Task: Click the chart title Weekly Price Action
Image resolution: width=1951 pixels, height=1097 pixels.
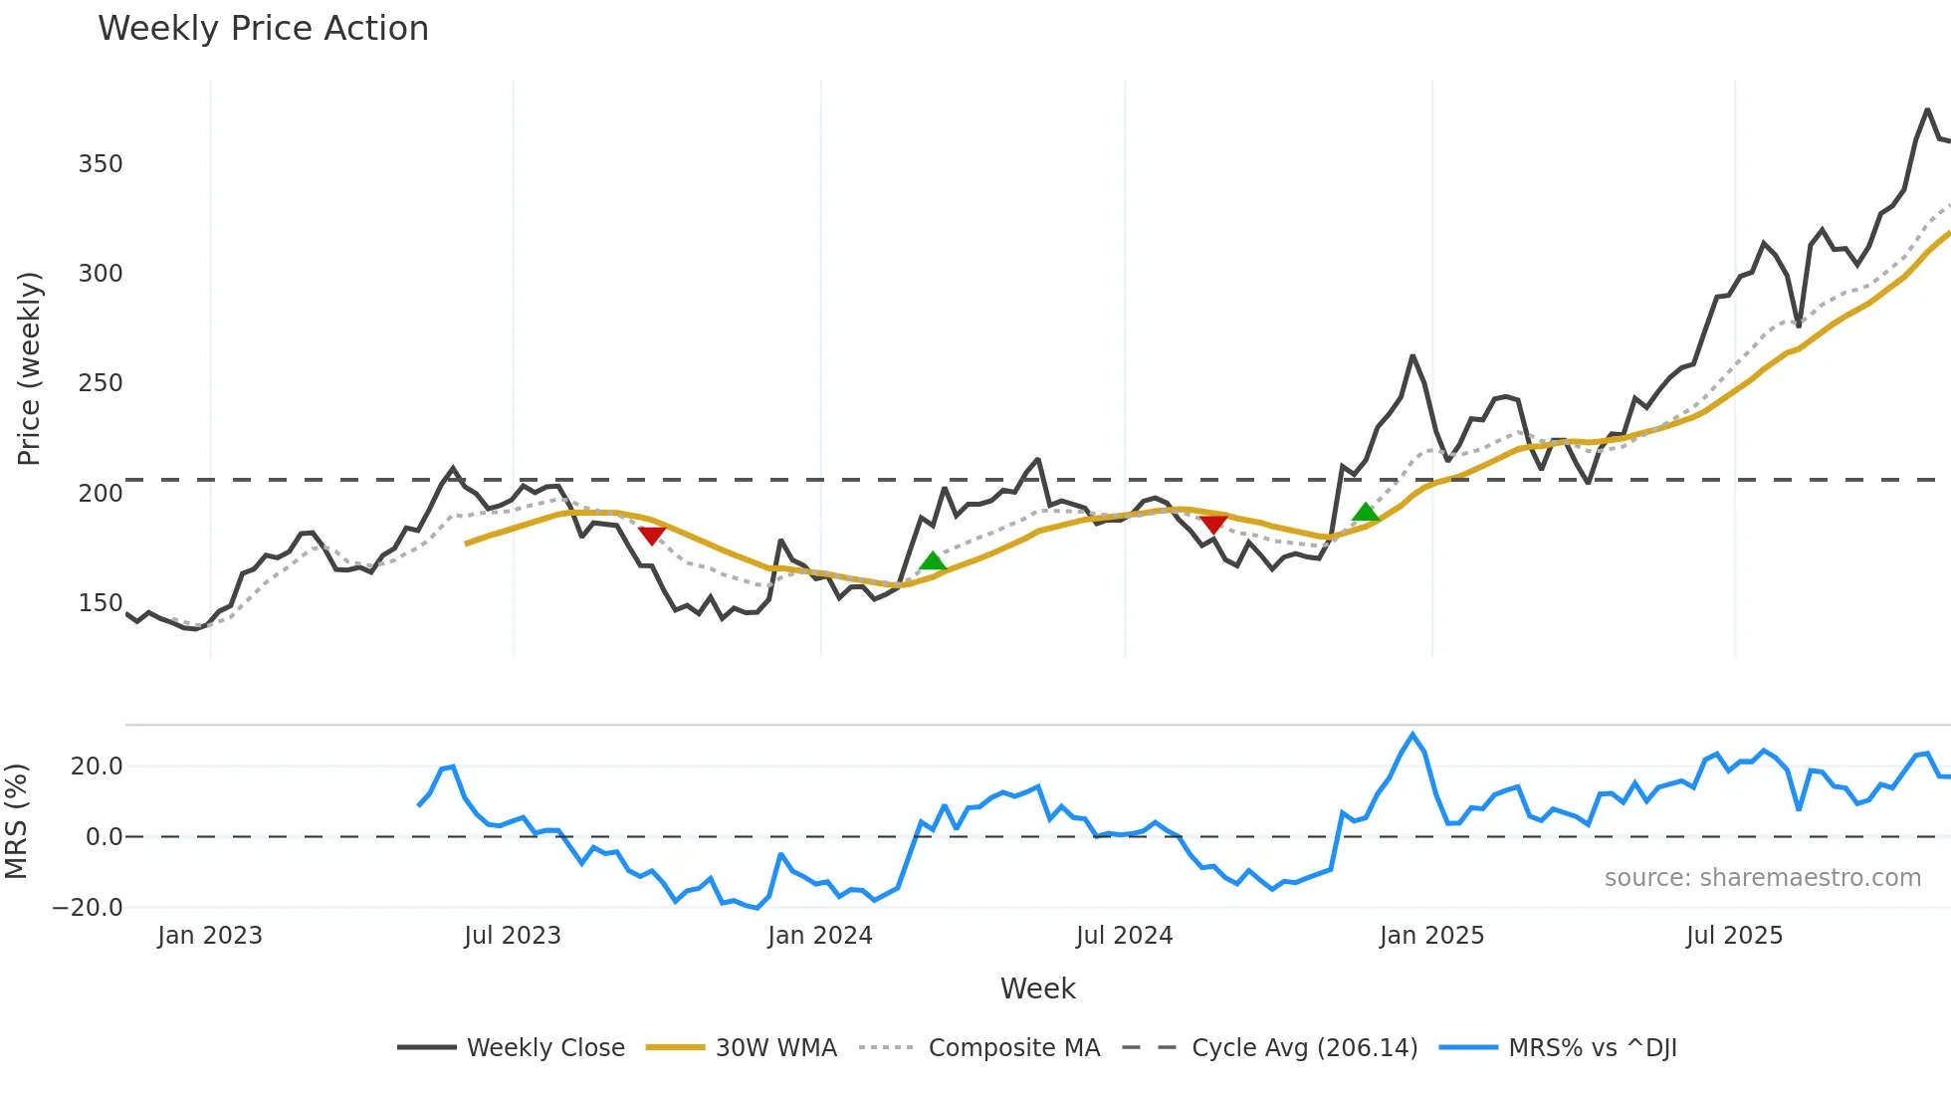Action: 263,29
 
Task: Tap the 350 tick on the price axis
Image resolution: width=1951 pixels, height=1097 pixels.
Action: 101,164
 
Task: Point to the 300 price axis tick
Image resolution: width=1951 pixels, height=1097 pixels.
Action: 101,274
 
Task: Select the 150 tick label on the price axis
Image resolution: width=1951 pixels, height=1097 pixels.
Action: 101,603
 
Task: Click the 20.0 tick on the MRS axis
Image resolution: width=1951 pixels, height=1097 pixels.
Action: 97,767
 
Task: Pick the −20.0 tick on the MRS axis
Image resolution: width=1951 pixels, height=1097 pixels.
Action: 88,908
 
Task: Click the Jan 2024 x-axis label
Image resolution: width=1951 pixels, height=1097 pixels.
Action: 819,936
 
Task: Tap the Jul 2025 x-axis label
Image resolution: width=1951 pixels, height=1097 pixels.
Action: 1734,936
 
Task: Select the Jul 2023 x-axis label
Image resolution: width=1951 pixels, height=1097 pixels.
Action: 513,936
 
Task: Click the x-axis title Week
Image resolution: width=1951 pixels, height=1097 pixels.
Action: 1037,988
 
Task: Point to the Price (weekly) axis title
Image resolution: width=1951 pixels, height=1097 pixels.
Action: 29,368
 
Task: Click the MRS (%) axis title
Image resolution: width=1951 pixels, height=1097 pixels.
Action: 16,821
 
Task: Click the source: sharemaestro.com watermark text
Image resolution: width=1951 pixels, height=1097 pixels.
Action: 1762,878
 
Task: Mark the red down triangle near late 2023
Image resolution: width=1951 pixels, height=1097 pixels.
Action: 652,536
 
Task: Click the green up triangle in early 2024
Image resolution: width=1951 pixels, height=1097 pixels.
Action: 932,561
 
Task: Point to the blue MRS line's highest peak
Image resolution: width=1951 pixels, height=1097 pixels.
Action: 1411,735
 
